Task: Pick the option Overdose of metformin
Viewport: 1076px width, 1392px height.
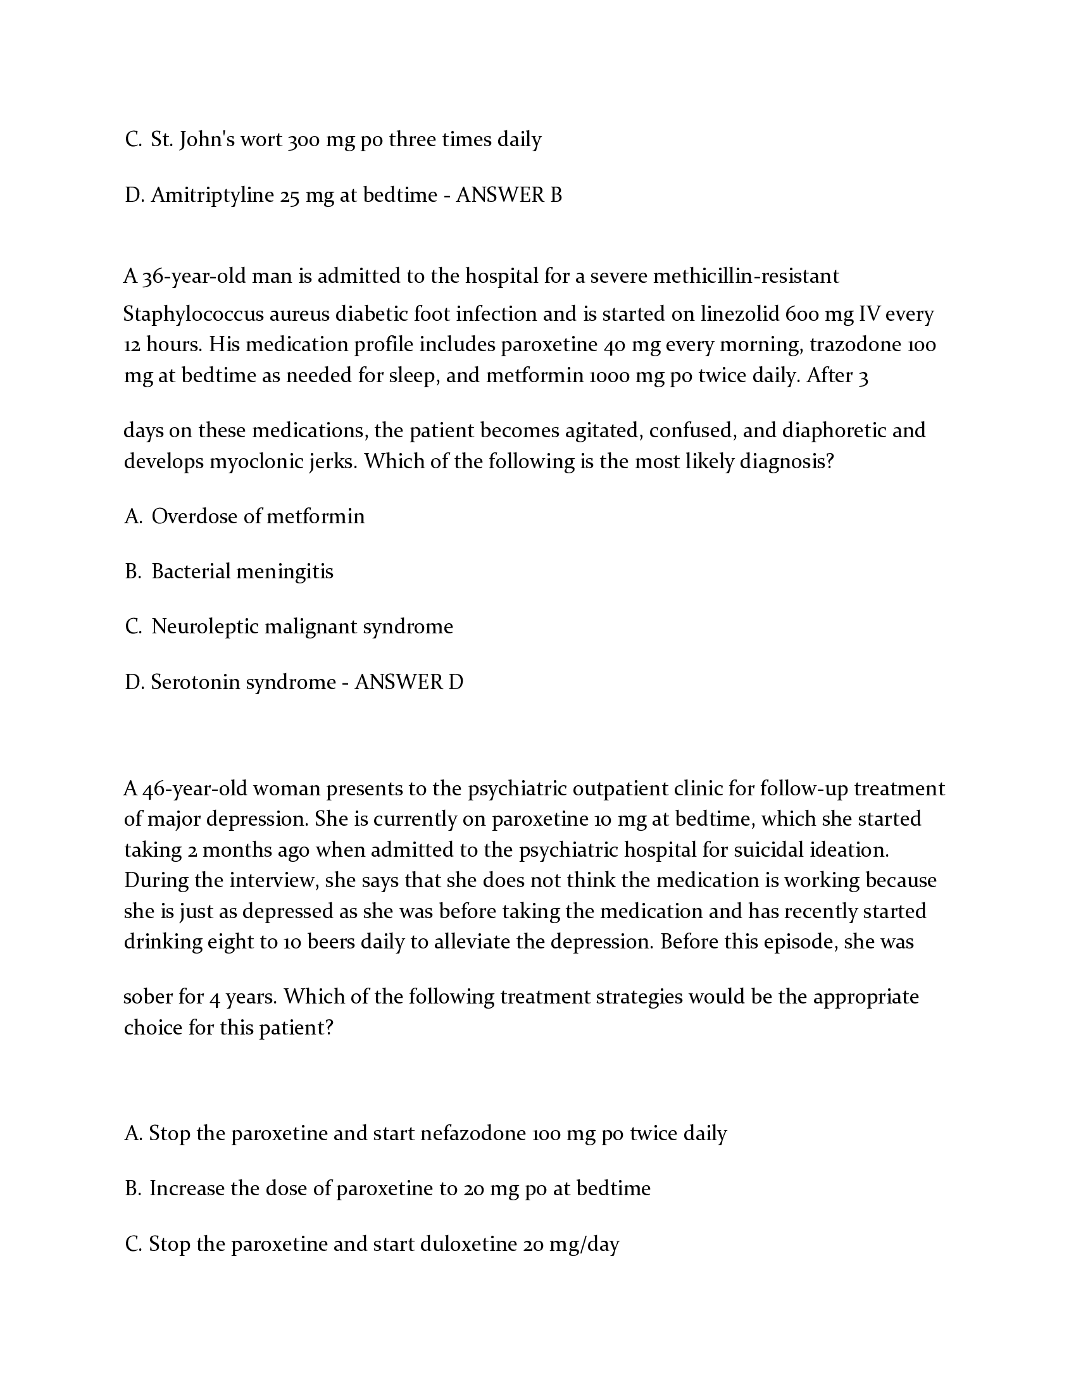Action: [258, 516]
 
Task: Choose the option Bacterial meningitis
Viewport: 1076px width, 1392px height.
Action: [242, 572]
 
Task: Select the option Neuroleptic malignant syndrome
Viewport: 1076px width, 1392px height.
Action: [302, 627]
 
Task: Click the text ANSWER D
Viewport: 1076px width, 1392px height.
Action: [409, 683]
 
